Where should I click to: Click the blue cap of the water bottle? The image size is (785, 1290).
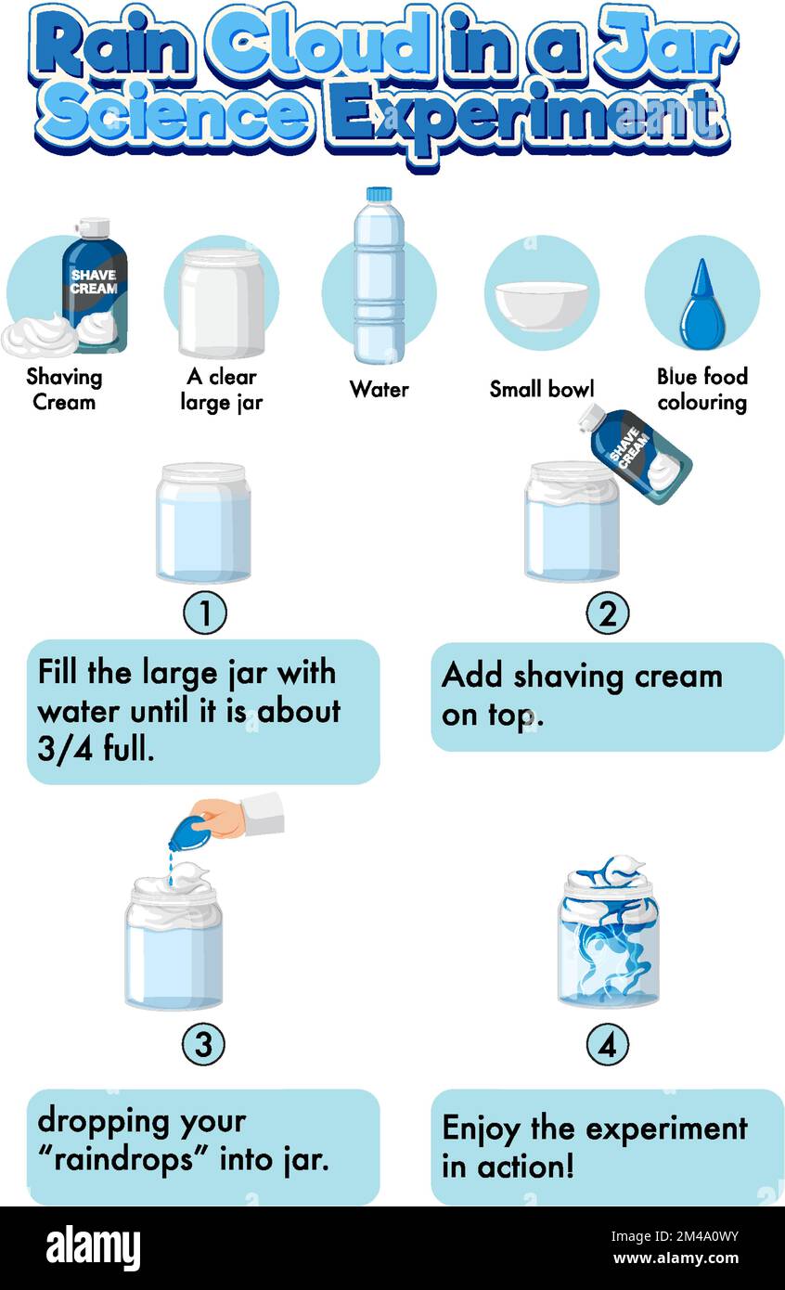tap(379, 194)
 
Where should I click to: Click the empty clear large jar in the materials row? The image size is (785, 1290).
tap(222, 303)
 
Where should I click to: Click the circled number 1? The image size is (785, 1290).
tap(204, 613)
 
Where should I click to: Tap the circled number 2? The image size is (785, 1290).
tap(608, 613)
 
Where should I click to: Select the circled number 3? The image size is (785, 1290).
tap(204, 1046)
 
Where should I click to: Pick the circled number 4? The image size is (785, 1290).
tap(608, 1046)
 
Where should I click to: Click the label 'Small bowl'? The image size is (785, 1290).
tap(542, 389)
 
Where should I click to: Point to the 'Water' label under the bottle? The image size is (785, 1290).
tap(379, 389)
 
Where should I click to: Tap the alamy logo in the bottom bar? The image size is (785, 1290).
tap(93, 1248)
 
